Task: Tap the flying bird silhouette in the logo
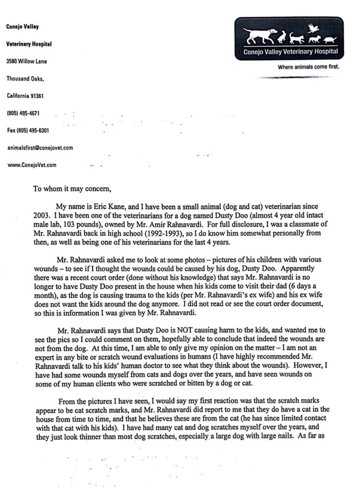click(314, 28)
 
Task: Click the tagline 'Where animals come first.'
click(308, 67)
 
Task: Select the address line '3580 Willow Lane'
click(26, 61)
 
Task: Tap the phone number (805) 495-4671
click(23, 113)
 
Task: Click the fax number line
click(27, 130)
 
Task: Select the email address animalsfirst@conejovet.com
click(39, 148)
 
